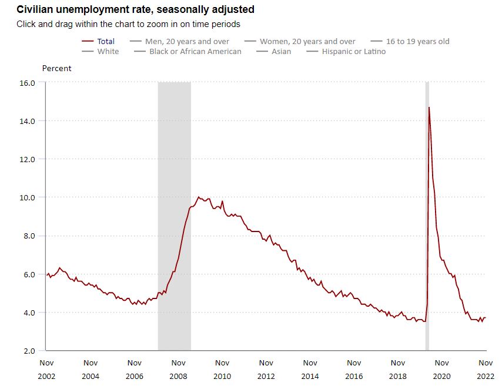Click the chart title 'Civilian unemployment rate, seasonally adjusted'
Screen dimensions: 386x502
point(135,10)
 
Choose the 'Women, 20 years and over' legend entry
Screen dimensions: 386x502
point(307,41)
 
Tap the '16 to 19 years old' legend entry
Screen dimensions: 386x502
point(417,41)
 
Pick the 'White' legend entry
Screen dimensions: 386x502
point(108,51)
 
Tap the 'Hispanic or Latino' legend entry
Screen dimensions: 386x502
point(354,51)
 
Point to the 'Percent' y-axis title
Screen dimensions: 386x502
point(56,68)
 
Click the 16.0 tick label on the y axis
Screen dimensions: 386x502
point(28,83)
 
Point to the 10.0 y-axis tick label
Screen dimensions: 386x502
point(28,197)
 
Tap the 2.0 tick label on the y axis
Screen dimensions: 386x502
point(28,351)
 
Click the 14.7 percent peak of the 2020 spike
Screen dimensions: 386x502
point(429,108)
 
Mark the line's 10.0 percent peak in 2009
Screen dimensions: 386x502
point(199,197)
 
